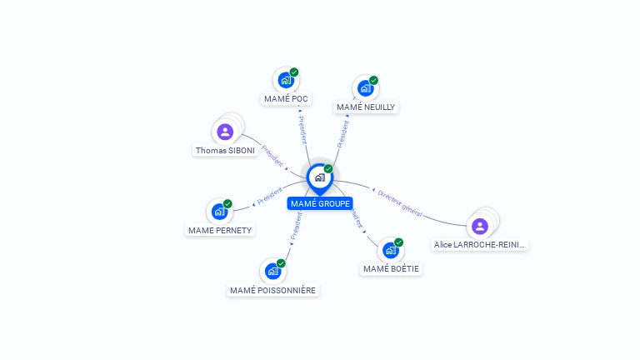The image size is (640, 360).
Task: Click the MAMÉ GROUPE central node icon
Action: pos(319,177)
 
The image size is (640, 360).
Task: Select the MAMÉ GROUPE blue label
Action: pos(320,204)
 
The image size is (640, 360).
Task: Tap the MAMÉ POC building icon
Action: pos(286,81)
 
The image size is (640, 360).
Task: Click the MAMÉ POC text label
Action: pos(286,99)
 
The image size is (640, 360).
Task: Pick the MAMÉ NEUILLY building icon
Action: pos(365,88)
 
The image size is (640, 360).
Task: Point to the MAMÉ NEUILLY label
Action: pos(366,107)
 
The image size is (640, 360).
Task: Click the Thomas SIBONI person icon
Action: pos(225,132)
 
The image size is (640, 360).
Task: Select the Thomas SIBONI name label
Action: pos(225,151)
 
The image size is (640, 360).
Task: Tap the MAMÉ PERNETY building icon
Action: pos(219,212)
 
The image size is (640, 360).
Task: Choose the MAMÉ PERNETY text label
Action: pos(220,230)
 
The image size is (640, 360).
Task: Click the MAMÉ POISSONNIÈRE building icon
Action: pos(272,271)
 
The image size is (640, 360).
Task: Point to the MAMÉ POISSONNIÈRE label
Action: pos(272,290)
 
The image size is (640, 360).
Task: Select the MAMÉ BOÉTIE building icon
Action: pos(390,250)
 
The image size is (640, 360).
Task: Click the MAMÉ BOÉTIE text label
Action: pos(392,268)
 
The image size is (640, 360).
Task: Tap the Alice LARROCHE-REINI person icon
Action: pos(479,226)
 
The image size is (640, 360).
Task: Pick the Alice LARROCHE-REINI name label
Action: pos(481,245)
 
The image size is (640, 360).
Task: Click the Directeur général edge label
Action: pos(400,204)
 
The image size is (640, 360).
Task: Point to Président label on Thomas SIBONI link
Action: pos(272,156)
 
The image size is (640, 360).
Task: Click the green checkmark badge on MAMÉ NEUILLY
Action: pos(373,81)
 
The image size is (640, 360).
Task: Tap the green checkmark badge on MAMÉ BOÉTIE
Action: pos(398,242)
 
